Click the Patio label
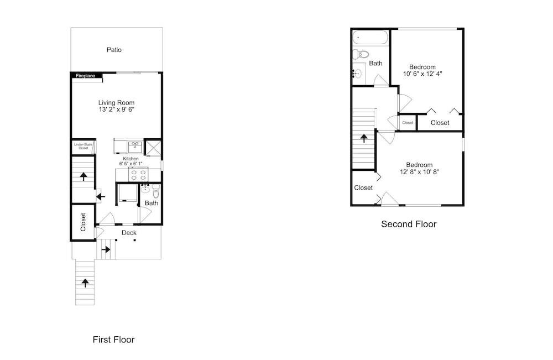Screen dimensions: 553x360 click(114, 50)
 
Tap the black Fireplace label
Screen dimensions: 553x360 click(85, 76)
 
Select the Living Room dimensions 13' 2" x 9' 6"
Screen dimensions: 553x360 click(116, 109)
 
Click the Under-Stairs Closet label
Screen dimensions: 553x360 click(84, 147)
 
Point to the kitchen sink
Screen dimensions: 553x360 click(135, 145)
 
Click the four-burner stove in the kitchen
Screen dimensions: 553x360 click(139, 175)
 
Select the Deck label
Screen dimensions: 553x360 click(129, 233)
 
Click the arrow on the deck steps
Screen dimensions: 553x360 click(106, 249)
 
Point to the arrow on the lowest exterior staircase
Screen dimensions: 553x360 click(85, 283)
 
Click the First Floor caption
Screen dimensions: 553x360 click(113, 340)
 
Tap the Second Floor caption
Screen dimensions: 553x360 click(409, 224)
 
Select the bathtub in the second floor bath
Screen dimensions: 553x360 click(371, 38)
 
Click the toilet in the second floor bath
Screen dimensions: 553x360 click(361, 54)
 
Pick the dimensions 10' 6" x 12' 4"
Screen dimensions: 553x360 click(422, 74)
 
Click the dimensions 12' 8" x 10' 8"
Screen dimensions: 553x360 click(419, 172)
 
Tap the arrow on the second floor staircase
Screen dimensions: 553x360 click(364, 138)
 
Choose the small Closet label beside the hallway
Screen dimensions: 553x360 click(408, 123)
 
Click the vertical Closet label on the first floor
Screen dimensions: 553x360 click(83, 222)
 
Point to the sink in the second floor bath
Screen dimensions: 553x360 click(357, 74)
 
